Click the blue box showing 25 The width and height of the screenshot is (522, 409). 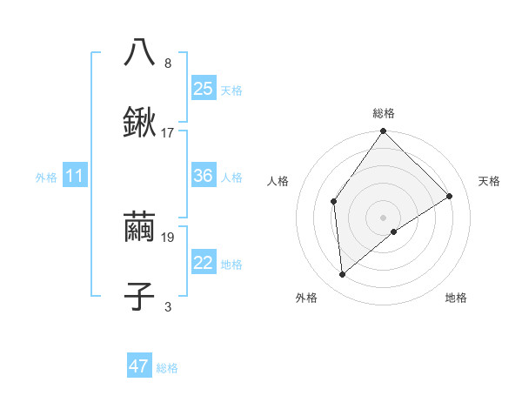(x=204, y=89)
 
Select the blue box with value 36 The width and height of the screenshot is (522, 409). (x=204, y=176)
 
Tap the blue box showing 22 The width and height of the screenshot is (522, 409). (x=204, y=263)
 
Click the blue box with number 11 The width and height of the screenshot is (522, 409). (x=75, y=176)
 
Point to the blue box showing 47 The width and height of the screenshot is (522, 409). (x=139, y=366)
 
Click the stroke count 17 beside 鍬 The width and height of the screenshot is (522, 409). (x=168, y=133)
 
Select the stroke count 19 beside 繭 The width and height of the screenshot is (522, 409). (x=168, y=237)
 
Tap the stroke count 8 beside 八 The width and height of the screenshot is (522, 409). (x=168, y=64)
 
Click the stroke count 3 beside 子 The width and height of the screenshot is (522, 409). (x=168, y=306)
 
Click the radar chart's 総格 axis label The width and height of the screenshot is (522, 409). (x=384, y=113)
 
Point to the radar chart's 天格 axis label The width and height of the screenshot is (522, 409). (x=489, y=181)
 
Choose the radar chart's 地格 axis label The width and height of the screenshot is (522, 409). (x=456, y=298)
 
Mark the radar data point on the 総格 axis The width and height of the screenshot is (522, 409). (x=384, y=132)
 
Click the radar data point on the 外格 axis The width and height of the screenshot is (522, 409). (x=343, y=275)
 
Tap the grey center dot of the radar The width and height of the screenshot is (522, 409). (x=384, y=217)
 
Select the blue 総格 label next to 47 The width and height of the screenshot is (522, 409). (x=167, y=368)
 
